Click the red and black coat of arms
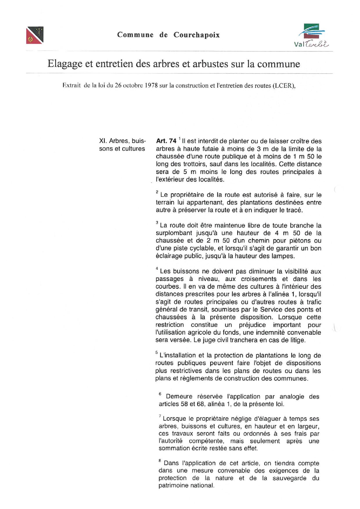[x=35, y=35]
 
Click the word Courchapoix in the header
[x=197, y=35]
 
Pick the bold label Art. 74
[x=166, y=141]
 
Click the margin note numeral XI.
[x=103, y=141]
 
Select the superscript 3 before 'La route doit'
[x=157, y=223]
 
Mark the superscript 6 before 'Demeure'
[x=160, y=394]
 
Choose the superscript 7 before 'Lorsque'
[x=160, y=416]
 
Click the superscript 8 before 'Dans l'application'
[x=160, y=460]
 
